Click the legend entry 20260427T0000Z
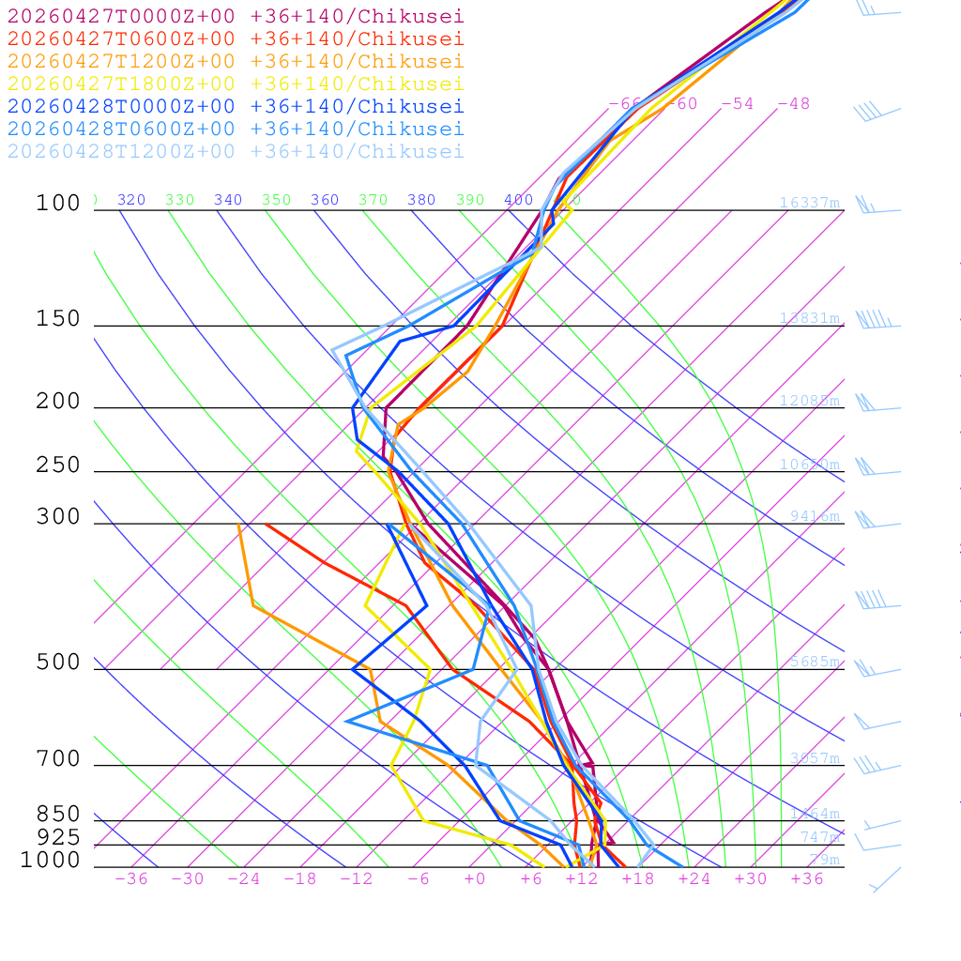pyautogui.click(x=236, y=16)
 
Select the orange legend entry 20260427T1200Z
pyautogui.click(x=236, y=61)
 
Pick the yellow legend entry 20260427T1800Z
pyautogui.click(x=236, y=84)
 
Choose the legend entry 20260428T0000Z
pyautogui.click(x=236, y=106)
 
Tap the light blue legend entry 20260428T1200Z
pyautogui.click(x=236, y=151)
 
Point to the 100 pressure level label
pyautogui.click(x=58, y=203)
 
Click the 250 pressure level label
pyautogui.click(x=58, y=465)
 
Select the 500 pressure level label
pyautogui.click(x=58, y=663)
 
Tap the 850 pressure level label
pyautogui.click(x=58, y=814)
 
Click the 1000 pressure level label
pyautogui.click(x=51, y=860)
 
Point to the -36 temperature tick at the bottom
pyautogui.click(x=130, y=878)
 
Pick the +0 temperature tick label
pyautogui.click(x=475, y=878)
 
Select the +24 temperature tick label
pyautogui.click(x=694, y=878)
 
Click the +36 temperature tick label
pyautogui.click(x=807, y=878)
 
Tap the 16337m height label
pyautogui.click(x=809, y=203)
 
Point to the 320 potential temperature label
pyautogui.click(x=131, y=200)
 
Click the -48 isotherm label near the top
pyautogui.click(x=793, y=103)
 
